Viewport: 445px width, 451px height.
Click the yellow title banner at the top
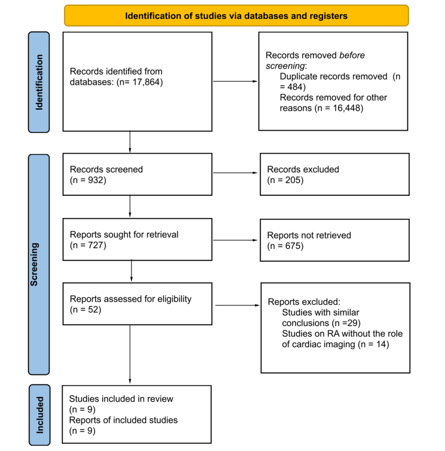pyautogui.click(x=236, y=15)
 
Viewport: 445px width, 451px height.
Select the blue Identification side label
pyautogui.click(x=39, y=82)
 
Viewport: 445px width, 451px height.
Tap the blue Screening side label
pyautogui.click(x=39, y=265)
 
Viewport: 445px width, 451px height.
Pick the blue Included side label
pyautogui.click(x=40, y=415)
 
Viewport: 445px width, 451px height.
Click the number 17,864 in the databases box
pyautogui.click(x=146, y=82)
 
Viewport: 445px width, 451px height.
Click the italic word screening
pyautogui.click(x=285, y=66)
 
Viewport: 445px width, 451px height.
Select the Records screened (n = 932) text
pyautogui.click(x=107, y=175)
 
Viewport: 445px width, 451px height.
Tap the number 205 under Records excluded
pyautogui.click(x=293, y=180)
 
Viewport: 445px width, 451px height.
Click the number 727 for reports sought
pyautogui.click(x=96, y=245)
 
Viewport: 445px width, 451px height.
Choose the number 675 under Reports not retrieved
pyautogui.click(x=293, y=246)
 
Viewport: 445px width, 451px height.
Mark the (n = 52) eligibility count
pyautogui.click(x=85, y=310)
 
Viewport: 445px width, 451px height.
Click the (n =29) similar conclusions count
pyautogui.click(x=346, y=323)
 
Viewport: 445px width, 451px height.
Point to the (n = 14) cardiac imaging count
pyautogui.click(x=373, y=344)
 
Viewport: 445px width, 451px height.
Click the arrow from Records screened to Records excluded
pyautogui.click(x=235, y=173)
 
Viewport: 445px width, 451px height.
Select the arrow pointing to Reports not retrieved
pyautogui.click(x=235, y=240)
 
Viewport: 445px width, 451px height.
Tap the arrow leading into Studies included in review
pyautogui.click(x=130, y=354)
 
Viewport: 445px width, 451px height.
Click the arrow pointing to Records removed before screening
pyautogui.click(x=235, y=81)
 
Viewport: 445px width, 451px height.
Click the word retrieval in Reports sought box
pyautogui.click(x=162, y=235)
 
